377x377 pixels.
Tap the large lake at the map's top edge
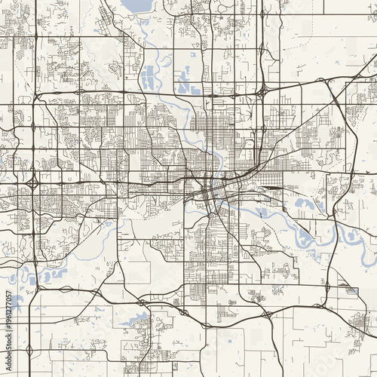(x=136, y=6)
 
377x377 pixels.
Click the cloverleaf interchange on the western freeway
(x=32, y=183)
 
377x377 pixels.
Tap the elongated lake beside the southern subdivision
(x=135, y=320)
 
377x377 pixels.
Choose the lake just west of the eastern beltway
(x=306, y=204)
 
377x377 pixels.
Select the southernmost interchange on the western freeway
(x=29, y=350)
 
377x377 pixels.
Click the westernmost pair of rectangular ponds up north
(x=148, y=76)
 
